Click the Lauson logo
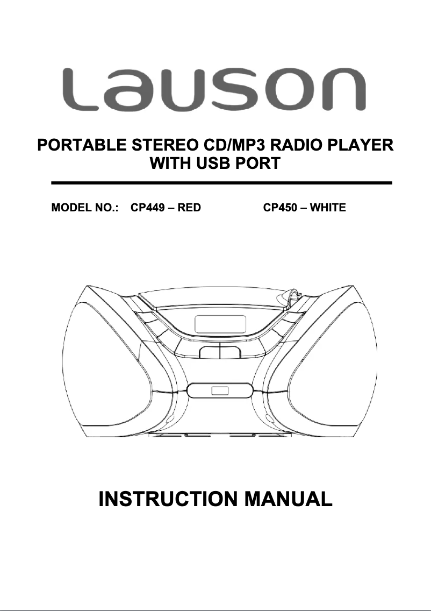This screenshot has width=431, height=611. (x=215, y=89)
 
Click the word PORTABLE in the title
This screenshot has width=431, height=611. (x=78, y=145)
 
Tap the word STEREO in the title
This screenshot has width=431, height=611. (x=159, y=145)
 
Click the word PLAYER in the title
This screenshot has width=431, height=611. (x=362, y=145)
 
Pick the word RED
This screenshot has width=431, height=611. (x=189, y=208)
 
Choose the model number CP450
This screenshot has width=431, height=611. (x=279, y=208)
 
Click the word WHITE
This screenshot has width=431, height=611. (x=328, y=208)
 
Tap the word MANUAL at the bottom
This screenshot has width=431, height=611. (x=289, y=499)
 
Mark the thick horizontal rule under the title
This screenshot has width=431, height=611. (x=221, y=183)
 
